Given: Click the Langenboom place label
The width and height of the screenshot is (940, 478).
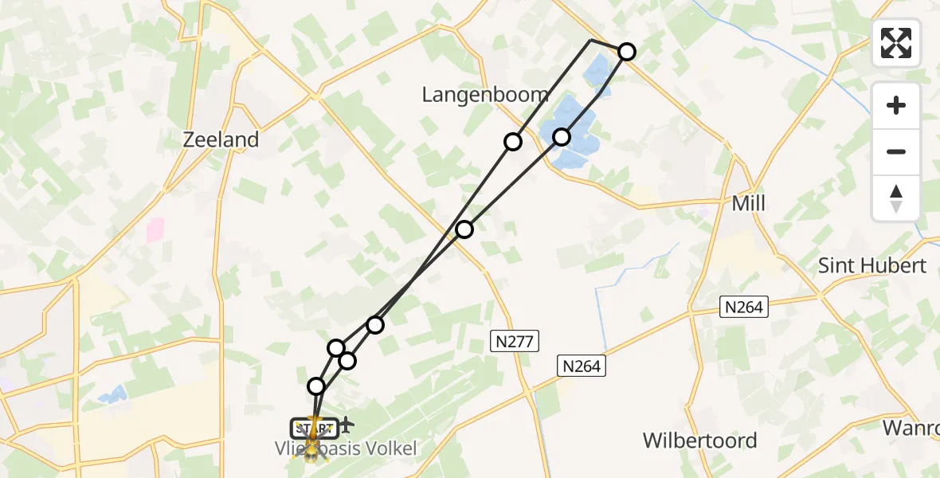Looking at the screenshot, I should point(484,95).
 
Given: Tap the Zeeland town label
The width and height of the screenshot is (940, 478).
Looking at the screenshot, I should point(221,140).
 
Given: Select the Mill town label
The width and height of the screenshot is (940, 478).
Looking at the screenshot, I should point(748,204).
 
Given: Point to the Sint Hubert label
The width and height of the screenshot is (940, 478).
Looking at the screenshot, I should point(872,266).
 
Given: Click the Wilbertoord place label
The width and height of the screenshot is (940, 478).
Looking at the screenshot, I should point(699,441).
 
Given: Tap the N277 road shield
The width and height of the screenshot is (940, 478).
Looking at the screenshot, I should point(515,342).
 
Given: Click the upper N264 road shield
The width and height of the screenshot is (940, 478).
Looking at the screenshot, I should point(744,306).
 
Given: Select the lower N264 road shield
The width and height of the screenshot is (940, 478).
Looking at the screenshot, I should point(580,366).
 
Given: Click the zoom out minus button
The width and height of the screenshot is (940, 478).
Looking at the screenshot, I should point(896,152).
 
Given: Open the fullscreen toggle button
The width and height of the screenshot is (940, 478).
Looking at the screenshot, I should point(896,43).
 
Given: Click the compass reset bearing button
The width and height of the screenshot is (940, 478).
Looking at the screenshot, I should point(896,198).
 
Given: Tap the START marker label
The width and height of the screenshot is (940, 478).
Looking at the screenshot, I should point(314,429).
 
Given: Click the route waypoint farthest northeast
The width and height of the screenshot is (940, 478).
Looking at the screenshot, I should point(627,52).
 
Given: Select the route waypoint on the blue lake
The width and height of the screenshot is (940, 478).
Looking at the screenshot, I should point(562,137).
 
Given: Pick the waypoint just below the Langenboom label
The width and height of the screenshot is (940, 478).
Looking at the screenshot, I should point(513,142).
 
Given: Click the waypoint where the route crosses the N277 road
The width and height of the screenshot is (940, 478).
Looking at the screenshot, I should point(464,229).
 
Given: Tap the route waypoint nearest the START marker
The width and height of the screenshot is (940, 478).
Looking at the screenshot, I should point(316,386).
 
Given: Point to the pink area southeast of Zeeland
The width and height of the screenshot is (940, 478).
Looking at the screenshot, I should point(155,230).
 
